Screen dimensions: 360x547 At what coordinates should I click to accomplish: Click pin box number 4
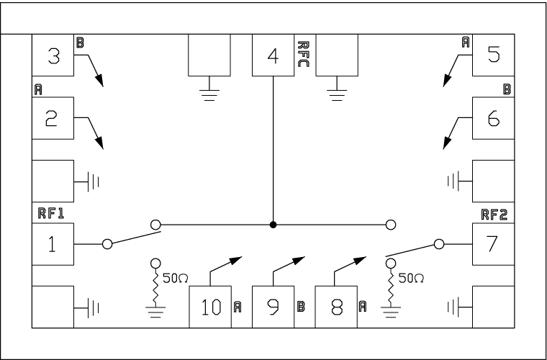click(x=272, y=55)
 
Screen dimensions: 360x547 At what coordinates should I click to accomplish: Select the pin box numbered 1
click(x=53, y=244)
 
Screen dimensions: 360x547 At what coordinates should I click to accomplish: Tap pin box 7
click(x=492, y=244)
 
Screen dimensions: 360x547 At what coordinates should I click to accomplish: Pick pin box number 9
click(x=272, y=307)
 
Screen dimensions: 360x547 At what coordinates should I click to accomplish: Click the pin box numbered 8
click(x=335, y=307)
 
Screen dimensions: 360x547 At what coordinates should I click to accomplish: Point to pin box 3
click(x=53, y=55)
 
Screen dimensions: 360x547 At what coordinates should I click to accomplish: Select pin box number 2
click(x=53, y=119)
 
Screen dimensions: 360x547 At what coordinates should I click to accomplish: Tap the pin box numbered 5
click(x=492, y=55)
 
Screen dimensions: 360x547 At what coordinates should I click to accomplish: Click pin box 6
click(x=492, y=119)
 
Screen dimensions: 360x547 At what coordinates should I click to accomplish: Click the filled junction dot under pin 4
click(x=273, y=225)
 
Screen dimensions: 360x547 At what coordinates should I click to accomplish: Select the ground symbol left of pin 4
click(x=209, y=91)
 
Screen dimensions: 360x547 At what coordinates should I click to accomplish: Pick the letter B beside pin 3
click(x=80, y=42)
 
